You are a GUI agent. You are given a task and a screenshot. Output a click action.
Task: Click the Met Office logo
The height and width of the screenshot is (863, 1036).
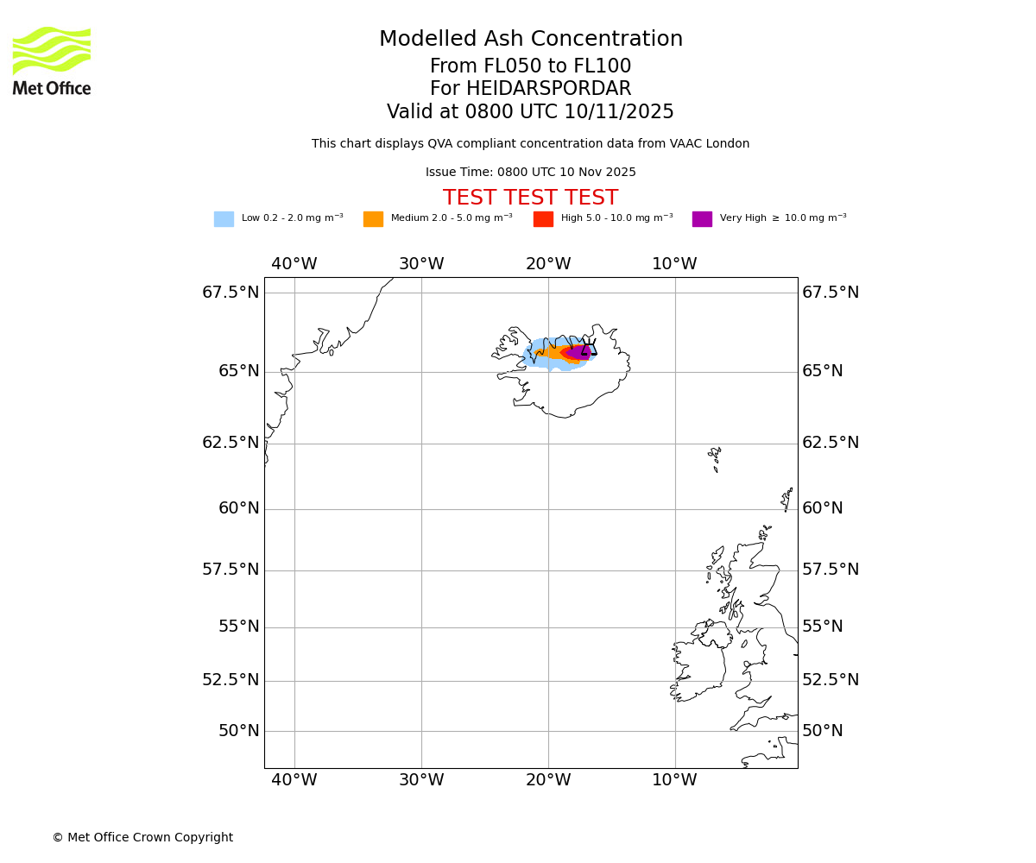point(52,60)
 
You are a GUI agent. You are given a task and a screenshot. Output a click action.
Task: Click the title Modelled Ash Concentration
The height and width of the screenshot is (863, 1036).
point(530,40)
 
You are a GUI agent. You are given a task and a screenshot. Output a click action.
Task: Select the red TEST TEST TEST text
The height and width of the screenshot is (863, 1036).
point(530,198)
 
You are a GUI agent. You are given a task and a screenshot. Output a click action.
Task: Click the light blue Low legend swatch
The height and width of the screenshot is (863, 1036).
point(224,219)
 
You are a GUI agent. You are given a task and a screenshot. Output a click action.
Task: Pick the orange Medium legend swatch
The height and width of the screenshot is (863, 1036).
point(373,219)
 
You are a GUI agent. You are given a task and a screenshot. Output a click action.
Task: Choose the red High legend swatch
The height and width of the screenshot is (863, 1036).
point(543,219)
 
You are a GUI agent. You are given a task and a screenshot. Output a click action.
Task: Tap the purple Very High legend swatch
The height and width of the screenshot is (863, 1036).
point(702,219)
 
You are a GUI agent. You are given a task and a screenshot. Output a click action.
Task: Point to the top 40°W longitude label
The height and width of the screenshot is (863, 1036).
point(294,264)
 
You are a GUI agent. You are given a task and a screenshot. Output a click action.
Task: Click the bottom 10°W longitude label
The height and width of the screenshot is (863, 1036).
point(674,780)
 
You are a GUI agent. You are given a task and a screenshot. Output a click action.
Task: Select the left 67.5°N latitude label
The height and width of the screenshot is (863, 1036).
point(231,293)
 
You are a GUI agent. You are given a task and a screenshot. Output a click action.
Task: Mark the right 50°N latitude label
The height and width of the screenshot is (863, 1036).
point(822,731)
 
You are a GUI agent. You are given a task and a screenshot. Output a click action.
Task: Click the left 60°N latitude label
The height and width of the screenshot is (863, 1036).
point(238,508)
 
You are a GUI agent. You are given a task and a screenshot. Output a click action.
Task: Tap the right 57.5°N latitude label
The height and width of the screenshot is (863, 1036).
point(831,570)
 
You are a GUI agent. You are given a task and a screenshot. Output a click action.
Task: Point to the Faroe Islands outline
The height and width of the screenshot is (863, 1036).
point(715,457)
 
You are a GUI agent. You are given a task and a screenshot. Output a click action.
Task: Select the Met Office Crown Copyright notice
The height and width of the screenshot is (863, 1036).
point(142,838)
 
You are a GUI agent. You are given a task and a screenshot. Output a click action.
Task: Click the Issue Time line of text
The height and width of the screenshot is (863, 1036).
point(530,173)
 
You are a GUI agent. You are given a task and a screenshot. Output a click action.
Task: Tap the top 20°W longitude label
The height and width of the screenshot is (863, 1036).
point(548,264)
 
